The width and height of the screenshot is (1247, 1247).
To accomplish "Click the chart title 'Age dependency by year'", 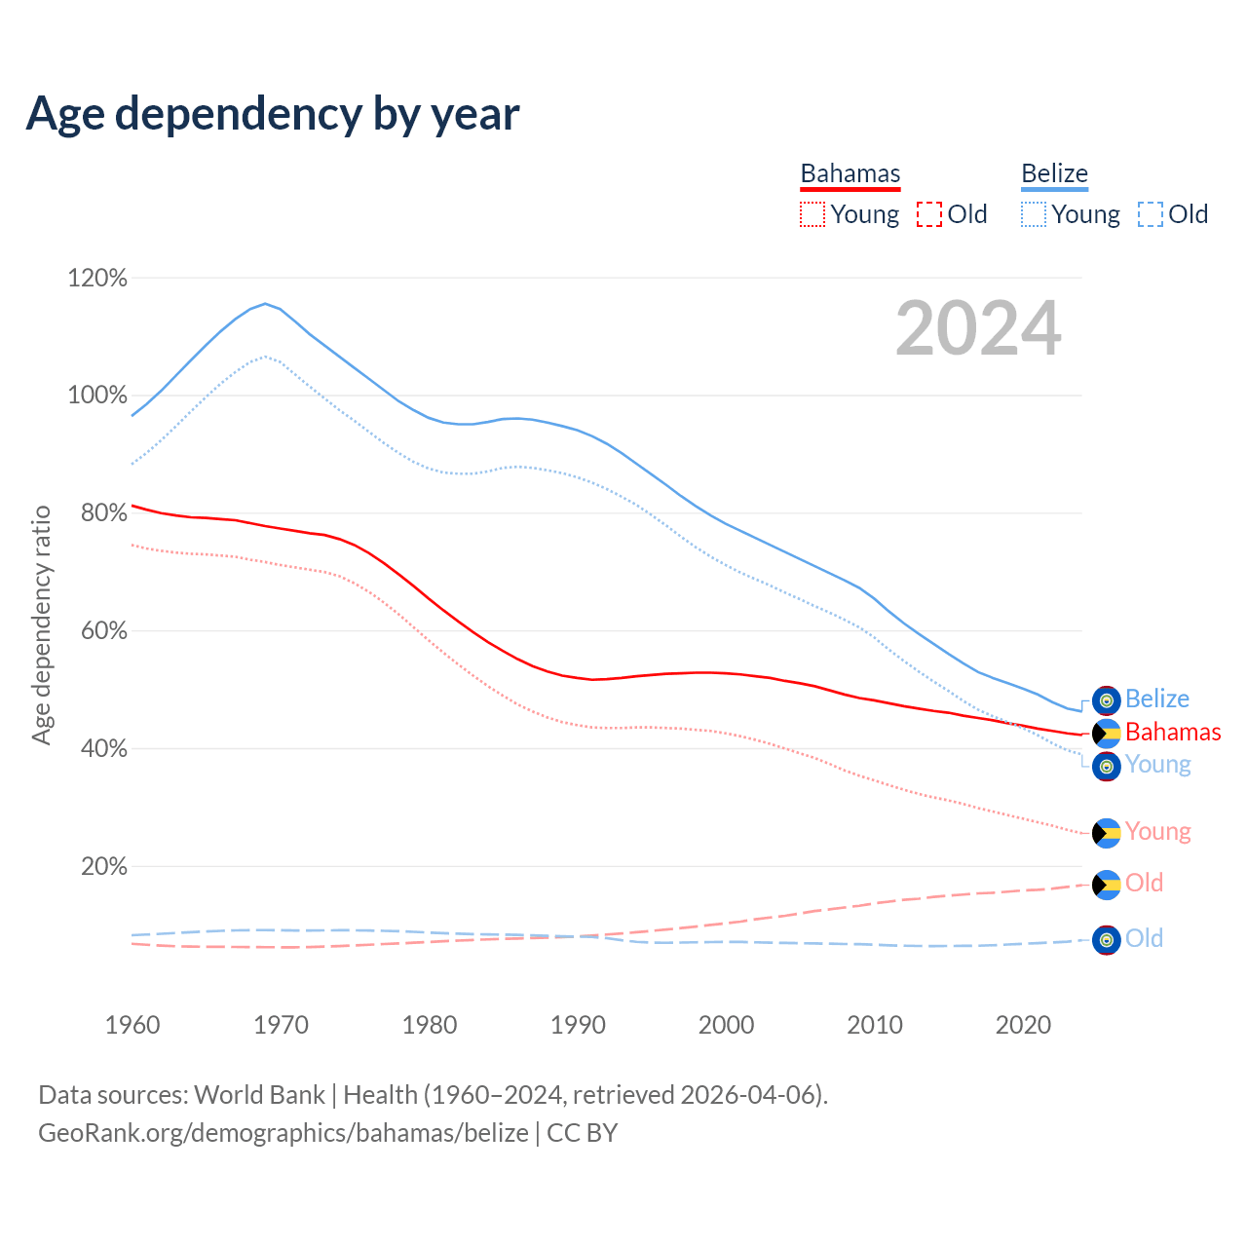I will coord(273,114).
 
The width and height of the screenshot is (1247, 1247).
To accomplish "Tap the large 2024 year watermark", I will coord(978,329).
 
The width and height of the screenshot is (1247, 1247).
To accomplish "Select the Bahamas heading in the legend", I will coord(850,173).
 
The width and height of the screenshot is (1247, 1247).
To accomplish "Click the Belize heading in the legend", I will coord(1054,173).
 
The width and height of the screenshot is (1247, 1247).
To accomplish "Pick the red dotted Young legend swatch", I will coord(812,214).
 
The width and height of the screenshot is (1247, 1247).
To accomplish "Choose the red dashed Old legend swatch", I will coord(929,214).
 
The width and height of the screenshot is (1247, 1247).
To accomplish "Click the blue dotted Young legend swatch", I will coord(1034,214).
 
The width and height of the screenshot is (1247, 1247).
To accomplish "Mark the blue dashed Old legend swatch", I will coord(1151,214).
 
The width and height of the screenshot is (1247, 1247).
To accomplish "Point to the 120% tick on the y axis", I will coord(97,279).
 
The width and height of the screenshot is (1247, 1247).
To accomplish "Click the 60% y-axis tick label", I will coord(103,631).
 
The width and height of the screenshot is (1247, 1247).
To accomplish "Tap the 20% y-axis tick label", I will coord(103,867).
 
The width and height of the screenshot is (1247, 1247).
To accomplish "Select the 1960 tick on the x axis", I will coord(132,1025).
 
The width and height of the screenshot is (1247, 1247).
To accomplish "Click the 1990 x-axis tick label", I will coord(578,1025).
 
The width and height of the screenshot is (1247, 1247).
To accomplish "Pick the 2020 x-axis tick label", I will coord(1023,1025).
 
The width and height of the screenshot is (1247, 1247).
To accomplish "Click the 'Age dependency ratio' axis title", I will coord(41,624).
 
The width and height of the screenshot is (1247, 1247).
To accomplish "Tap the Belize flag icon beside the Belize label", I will coord(1106,699).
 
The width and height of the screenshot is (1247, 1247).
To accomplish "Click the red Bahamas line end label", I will coord(1173,732).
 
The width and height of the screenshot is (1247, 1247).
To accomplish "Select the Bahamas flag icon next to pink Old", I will coord(1106,885).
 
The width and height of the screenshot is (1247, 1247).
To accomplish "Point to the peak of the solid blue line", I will coord(265,303).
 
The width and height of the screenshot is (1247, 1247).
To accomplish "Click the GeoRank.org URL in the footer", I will coord(283,1133).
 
